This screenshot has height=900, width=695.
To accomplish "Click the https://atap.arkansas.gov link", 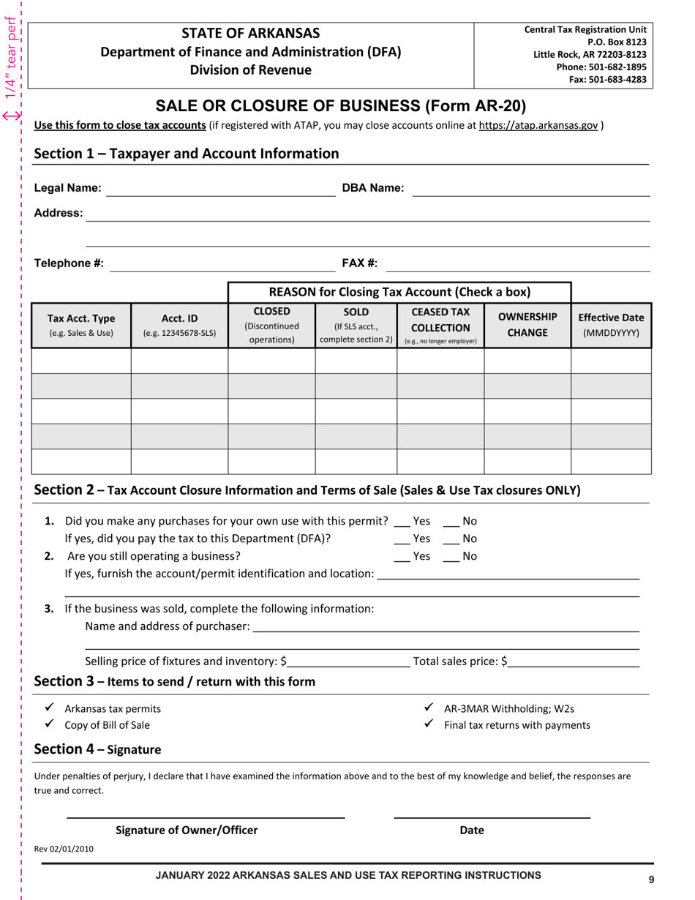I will tap(538, 125).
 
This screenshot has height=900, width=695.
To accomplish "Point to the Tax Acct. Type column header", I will tap(81, 325).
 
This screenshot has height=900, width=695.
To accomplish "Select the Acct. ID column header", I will tap(179, 325).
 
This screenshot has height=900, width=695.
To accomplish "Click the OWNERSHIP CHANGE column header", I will tap(527, 325).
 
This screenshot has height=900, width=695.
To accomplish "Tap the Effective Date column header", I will tap(611, 325).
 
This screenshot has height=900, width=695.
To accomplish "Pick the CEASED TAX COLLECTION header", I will tap(440, 325).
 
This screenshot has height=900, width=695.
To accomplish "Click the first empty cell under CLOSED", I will tap(271, 361).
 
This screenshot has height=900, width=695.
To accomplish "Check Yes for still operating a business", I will tap(402, 557).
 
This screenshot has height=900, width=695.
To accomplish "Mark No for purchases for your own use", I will tap(451, 522).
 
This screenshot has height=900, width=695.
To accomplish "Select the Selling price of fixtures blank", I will tap(349, 662).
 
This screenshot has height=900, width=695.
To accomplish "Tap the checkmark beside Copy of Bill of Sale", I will tap(49, 724).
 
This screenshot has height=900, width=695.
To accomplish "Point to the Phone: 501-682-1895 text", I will tap(601, 67).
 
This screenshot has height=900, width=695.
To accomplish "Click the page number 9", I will tap(651, 880).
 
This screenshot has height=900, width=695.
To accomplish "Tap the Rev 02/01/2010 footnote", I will tap(64, 849).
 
